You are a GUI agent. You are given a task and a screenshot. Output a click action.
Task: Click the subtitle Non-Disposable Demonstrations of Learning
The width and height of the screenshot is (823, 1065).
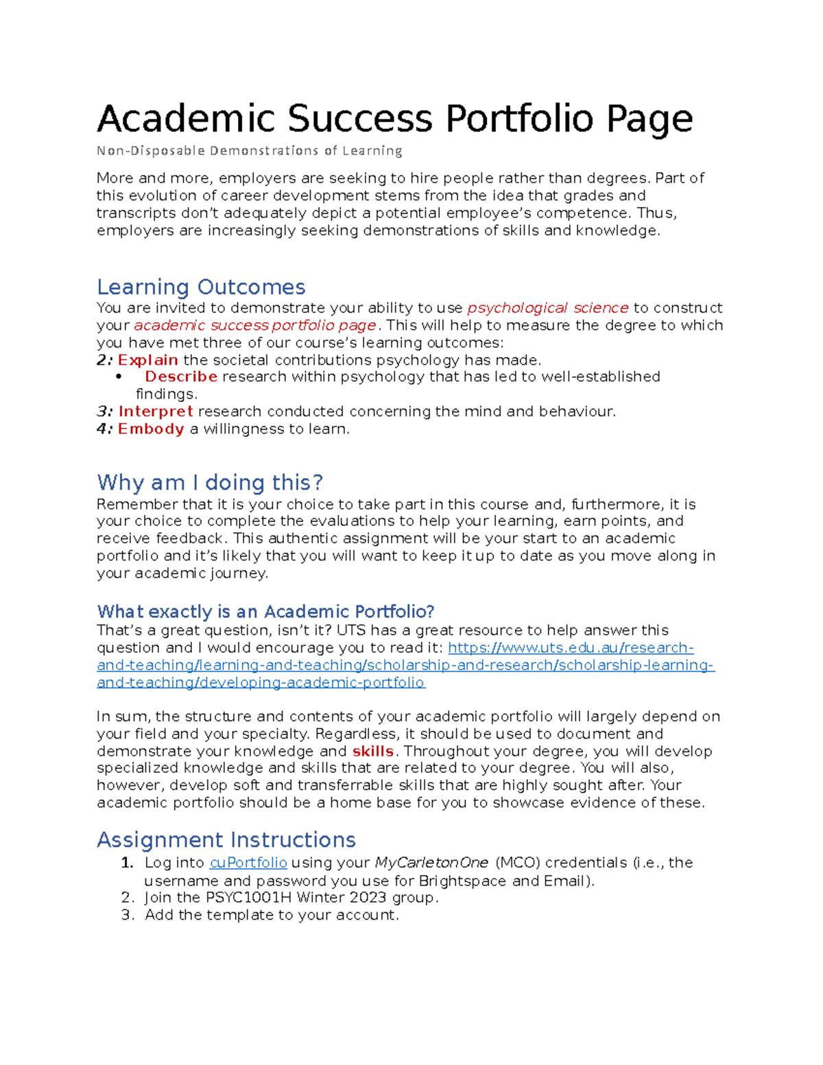click(x=249, y=151)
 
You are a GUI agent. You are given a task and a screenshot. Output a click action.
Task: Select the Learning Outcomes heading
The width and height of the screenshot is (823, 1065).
click(x=201, y=287)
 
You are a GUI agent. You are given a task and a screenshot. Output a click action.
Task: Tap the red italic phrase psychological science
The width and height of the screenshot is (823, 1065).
click(x=547, y=308)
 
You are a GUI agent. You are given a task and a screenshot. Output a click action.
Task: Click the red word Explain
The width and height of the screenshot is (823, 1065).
click(x=147, y=360)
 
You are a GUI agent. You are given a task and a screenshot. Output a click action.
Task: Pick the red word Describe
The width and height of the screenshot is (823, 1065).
click(x=181, y=376)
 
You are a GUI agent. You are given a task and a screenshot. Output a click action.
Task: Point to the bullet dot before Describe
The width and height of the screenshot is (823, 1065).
click(x=119, y=376)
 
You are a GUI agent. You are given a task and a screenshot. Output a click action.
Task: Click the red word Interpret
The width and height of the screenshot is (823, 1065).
click(x=156, y=411)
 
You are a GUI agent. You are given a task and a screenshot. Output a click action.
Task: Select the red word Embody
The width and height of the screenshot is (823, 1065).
click(x=151, y=429)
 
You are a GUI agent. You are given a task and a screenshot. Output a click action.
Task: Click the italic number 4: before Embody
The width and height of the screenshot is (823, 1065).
click(x=104, y=429)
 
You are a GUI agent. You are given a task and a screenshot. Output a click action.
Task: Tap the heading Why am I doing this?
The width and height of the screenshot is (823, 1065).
click(x=210, y=483)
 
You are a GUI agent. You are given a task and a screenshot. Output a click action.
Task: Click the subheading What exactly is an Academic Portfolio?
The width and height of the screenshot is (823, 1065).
click(x=266, y=612)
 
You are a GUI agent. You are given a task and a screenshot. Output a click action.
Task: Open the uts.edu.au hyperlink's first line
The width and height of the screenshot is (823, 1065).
click(x=571, y=648)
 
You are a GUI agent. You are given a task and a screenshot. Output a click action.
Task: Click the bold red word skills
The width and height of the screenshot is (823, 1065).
click(x=372, y=752)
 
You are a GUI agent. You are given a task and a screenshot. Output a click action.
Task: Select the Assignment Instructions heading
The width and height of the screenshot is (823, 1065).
click(x=226, y=840)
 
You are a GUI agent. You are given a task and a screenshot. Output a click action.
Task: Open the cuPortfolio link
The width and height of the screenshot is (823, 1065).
click(x=248, y=863)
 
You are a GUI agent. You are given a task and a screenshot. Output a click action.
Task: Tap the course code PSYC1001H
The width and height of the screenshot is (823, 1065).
click(x=243, y=898)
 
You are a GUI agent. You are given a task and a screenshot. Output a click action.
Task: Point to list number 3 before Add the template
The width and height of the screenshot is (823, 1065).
click(x=126, y=916)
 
